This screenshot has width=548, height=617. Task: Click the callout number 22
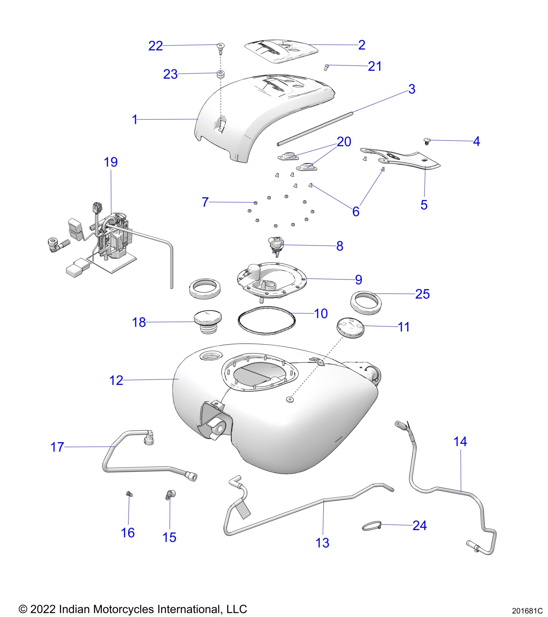[x=155, y=46]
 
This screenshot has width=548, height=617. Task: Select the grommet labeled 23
[x=220, y=74]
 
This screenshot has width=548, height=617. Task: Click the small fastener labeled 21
[x=326, y=67]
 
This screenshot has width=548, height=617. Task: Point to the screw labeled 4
[x=427, y=141]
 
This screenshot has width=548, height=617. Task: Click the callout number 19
[x=111, y=162]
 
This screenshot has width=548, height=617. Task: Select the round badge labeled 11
[x=350, y=328]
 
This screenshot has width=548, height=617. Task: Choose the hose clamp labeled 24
[x=372, y=527]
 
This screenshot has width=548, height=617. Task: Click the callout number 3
[x=412, y=89]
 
